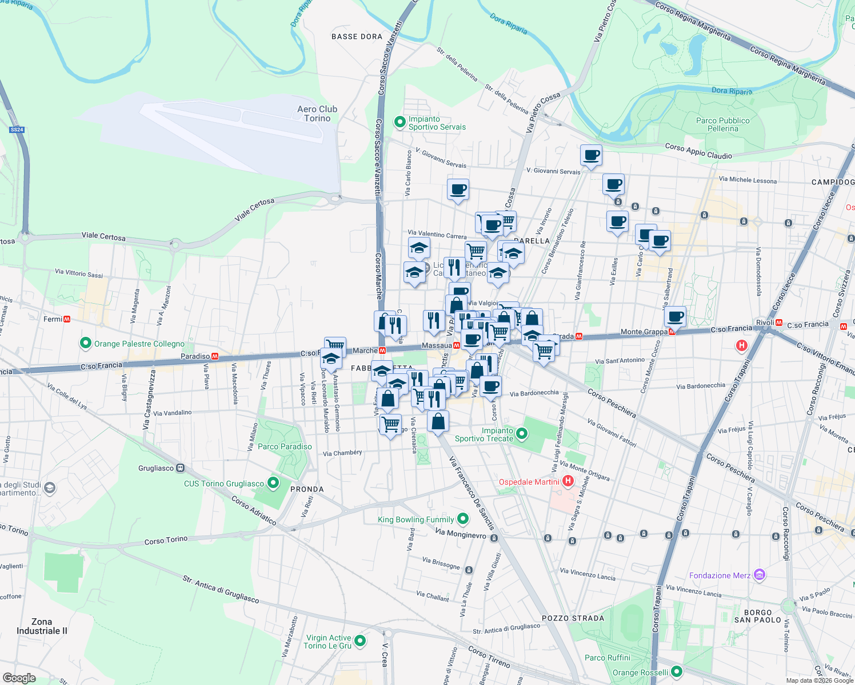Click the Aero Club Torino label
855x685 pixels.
coord(317,114)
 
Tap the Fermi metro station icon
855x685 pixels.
coord(67,319)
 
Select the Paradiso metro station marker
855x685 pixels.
coord(215,356)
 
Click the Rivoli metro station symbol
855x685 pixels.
coord(778,323)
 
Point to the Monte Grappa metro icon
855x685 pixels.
coord(672,332)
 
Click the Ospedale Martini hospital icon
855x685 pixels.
coord(568,482)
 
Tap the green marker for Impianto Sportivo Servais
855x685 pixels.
coord(400,122)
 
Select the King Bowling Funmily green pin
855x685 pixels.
coord(463,519)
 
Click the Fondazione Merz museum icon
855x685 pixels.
coord(759,575)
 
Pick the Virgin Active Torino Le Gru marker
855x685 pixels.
coord(360,641)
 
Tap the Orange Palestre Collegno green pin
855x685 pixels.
coord(86,344)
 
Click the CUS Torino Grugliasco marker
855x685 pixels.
coord(273,483)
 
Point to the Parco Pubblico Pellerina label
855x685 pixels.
coord(722,124)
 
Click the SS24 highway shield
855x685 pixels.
coord(17,130)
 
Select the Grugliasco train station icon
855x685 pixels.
coord(181,468)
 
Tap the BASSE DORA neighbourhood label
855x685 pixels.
coord(357,37)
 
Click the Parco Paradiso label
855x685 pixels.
coord(285,446)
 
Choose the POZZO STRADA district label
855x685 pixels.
coord(573,618)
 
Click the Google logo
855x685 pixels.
coord(19,678)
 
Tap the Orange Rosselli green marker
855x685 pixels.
coord(677,672)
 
